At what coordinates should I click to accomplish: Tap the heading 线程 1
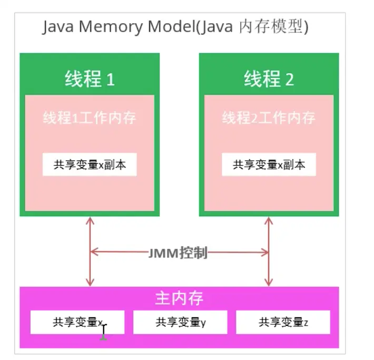[x=90, y=79]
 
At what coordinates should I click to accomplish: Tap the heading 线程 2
[x=269, y=79]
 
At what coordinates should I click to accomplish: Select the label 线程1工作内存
[x=90, y=117]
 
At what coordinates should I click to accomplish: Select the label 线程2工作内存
[x=269, y=117]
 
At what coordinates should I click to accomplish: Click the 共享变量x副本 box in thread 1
[x=90, y=165]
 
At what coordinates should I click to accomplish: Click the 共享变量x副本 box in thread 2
[x=269, y=165]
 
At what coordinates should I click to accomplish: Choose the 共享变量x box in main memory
[x=77, y=322]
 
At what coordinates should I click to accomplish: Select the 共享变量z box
[x=283, y=322]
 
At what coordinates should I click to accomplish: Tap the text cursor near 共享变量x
[x=104, y=332]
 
